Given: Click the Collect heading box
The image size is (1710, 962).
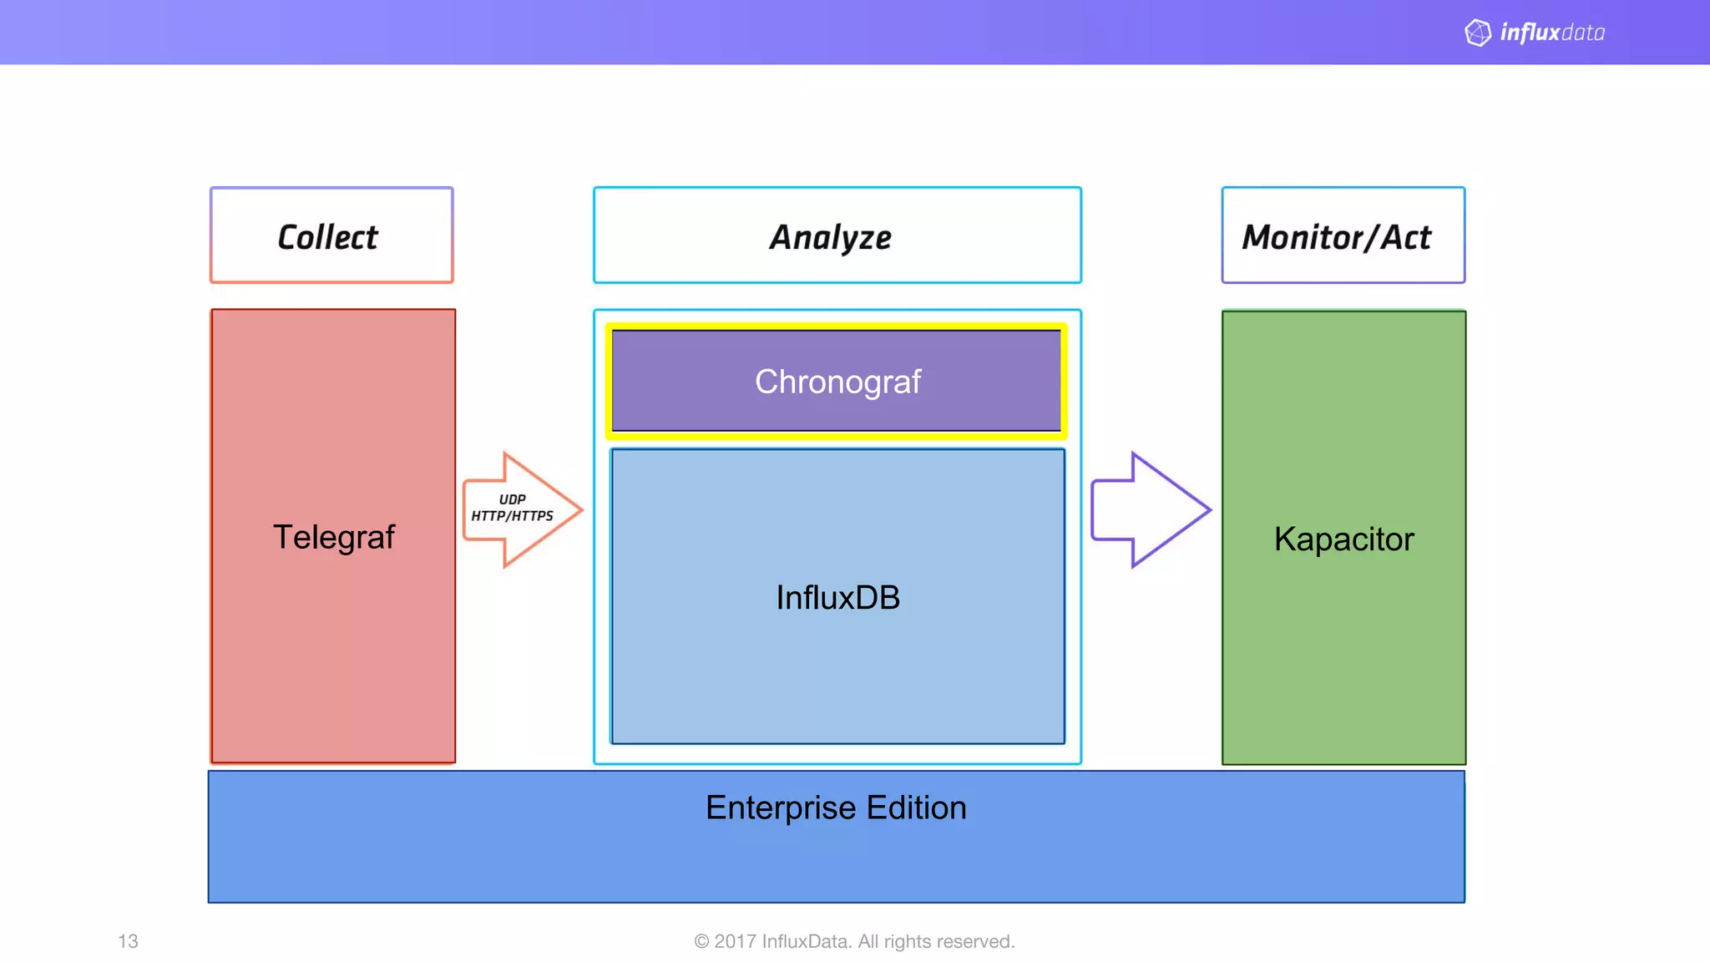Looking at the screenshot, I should pos(331,235).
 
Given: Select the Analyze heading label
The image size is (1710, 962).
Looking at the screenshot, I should pos(830,237).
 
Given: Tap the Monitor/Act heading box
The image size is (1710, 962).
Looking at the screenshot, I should pos(1343,235).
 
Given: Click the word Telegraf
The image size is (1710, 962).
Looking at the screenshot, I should pos(333,537).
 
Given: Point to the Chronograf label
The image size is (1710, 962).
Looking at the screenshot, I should pos(837,382).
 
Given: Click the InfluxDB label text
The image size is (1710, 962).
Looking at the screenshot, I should pos(837,597).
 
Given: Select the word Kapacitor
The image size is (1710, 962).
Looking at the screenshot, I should pos(1343,539).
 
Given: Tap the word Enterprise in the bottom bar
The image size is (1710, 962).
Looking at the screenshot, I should pos(780,808).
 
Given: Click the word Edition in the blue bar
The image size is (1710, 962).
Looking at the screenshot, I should pos(916,808).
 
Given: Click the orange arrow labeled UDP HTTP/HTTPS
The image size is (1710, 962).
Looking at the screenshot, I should pos(522,509).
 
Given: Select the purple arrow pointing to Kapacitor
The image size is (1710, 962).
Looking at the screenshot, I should pos(1150,509).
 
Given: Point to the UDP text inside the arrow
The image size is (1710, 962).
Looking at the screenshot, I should pos(512,499).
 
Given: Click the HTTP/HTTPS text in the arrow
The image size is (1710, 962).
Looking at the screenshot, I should pos(512,516).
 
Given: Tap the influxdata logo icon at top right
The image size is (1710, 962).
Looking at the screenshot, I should pos(1477,33).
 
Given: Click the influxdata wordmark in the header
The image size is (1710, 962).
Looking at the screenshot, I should pos(1552,33).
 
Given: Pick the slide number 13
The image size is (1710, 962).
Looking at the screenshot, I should pos(128,941).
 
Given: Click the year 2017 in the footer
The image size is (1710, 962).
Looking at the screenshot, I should pos(735,941).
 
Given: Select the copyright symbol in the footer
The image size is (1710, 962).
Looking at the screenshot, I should pos(701,941).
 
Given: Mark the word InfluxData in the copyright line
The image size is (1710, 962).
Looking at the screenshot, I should pos(807,941).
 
